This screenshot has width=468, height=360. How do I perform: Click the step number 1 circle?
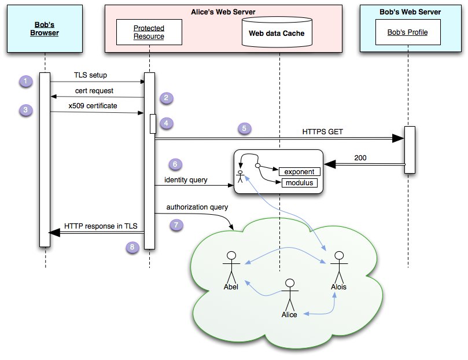[25, 82]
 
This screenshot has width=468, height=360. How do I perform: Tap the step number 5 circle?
[245, 129]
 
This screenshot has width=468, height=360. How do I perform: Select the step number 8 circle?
[134, 247]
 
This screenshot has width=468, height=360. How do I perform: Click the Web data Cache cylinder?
[277, 34]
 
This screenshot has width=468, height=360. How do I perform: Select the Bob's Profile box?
[408, 32]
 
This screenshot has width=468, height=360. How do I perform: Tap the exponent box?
[300, 172]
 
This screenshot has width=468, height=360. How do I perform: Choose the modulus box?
[300, 183]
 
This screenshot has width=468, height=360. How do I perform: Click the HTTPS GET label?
[322, 131]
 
